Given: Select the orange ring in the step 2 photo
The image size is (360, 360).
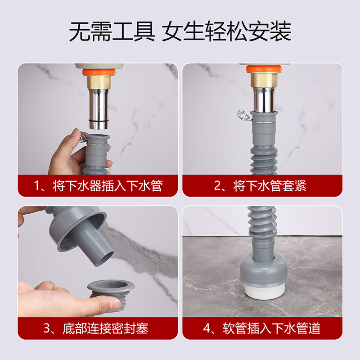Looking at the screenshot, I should point(264,69).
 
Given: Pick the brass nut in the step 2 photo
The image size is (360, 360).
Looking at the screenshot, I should point(264,80).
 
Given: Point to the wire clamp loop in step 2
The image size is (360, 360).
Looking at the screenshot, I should point(243,116).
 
